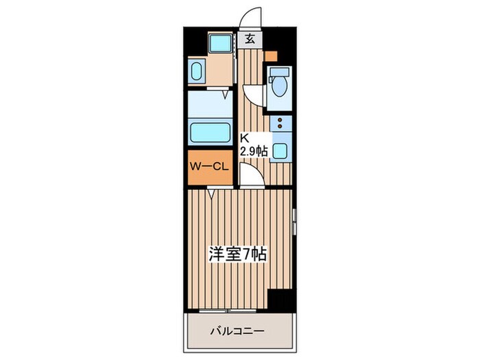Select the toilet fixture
278,85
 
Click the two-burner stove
280,123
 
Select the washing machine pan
221,45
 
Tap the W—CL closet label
210,167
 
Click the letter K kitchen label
243,136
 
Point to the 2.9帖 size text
252,150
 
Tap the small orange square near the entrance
272,56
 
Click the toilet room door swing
252,95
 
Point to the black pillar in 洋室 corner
279,300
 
